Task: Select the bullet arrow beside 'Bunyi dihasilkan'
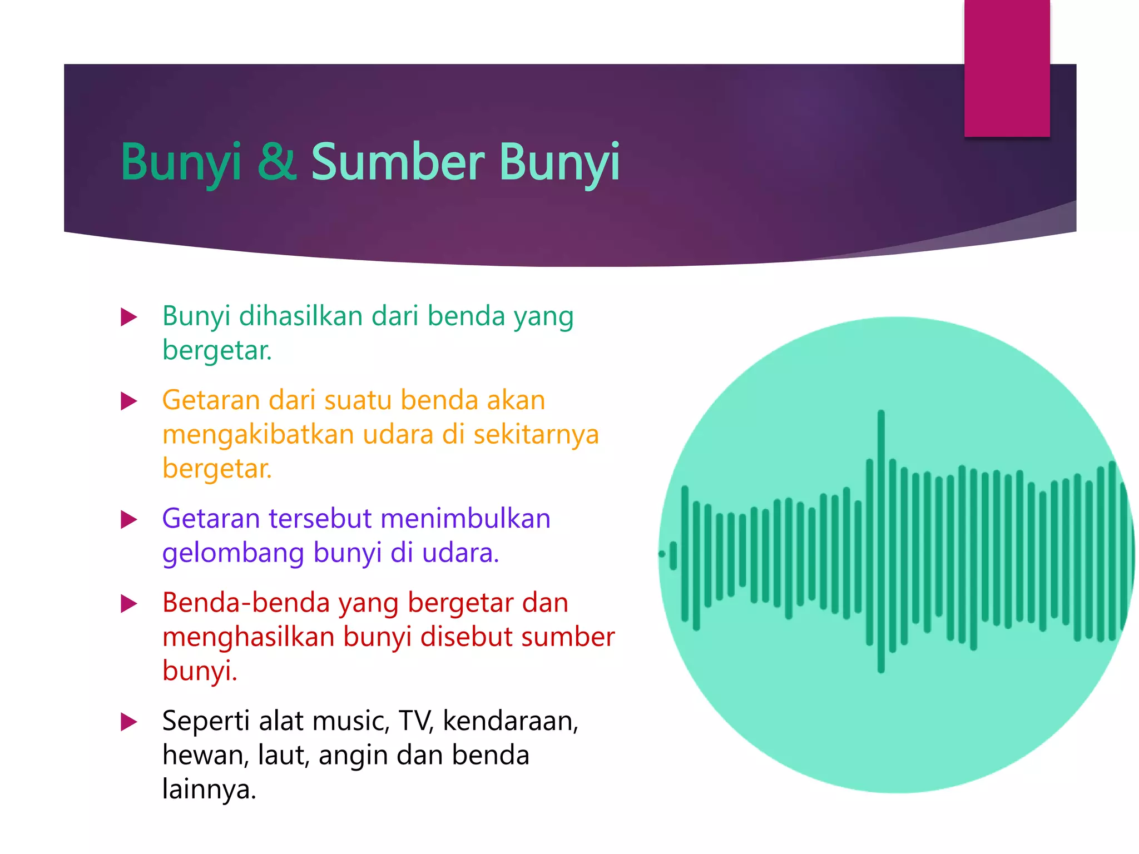point(129,317)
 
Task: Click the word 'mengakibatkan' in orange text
point(258,434)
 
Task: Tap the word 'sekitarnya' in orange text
point(536,434)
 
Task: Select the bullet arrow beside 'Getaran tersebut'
point(129,520)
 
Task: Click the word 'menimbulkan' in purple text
point(465,519)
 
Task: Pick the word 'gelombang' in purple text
point(233,554)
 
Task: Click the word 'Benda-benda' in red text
point(246,603)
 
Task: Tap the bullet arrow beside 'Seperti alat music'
point(129,722)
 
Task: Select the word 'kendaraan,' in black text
point(511,722)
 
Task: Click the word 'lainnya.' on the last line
point(209,790)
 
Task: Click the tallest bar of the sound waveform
point(881,542)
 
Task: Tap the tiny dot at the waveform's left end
point(662,554)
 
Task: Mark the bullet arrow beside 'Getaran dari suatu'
point(129,401)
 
